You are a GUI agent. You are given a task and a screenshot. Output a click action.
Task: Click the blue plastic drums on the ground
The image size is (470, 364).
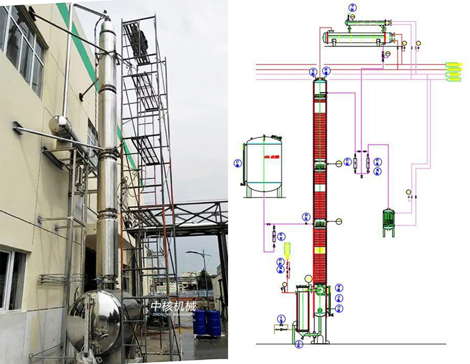click(x=207, y=322)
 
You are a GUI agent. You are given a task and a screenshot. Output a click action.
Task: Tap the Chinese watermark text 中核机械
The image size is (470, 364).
click(x=174, y=306)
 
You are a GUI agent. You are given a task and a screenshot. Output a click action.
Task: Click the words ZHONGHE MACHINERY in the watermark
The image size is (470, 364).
click(x=174, y=316)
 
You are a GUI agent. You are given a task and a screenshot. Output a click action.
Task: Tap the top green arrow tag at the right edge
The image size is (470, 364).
click(x=453, y=64)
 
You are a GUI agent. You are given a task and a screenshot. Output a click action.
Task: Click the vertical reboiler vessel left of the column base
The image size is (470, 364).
click(x=303, y=313)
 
